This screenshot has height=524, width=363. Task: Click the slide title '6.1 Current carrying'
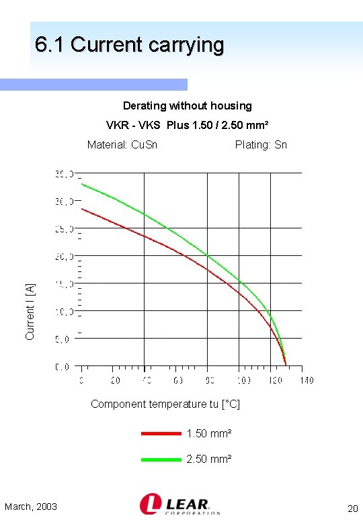[129, 45]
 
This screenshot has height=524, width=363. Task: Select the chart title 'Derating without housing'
[187, 105]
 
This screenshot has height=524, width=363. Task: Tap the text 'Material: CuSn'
[122, 144]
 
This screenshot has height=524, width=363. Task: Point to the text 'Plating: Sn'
[261, 144]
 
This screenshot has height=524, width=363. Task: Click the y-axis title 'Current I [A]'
[30, 310]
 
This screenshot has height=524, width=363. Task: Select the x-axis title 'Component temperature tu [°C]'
[165, 404]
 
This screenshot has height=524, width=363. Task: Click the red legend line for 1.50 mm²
[161, 434]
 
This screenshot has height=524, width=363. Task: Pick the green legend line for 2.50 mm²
[161, 460]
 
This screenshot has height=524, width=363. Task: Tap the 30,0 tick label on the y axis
[64, 202]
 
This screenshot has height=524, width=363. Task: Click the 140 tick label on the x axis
[306, 381]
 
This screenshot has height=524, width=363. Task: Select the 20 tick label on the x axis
[116, 381]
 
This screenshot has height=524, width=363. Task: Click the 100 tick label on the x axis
[243, 381]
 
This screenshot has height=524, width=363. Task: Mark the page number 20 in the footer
[352, 508]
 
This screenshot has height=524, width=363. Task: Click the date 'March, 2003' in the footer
[31, 507]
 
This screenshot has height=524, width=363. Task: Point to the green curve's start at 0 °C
[83, 183]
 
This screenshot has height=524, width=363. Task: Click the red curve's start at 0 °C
[83, 209]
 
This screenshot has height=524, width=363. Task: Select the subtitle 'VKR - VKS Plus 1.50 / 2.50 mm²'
[188, 126]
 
